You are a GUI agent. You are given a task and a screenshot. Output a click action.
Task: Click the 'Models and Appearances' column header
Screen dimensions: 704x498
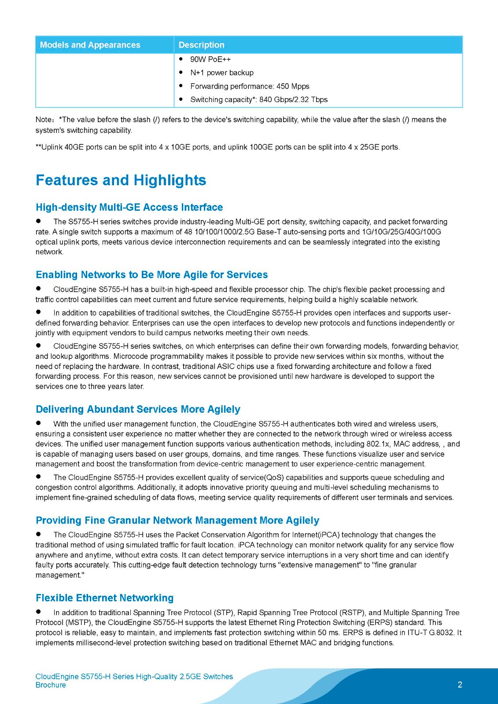coord(90,45)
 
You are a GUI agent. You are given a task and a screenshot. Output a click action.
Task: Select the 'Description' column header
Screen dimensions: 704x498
coord(201,45)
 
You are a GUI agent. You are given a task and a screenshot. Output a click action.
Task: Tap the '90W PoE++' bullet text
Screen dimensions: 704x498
coord(210,59)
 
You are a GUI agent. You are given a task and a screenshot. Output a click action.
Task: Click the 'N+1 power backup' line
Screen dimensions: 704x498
coord(221,73)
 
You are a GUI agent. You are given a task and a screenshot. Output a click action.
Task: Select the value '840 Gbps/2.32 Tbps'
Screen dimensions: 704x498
coord(293,99)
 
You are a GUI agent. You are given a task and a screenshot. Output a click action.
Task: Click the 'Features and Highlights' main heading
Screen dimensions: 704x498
coord(121,180)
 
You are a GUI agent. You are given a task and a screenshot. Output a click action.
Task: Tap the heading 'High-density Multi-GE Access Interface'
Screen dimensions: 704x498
coord(129,207)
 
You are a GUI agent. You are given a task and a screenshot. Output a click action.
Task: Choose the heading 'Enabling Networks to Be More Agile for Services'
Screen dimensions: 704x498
coord(151,275)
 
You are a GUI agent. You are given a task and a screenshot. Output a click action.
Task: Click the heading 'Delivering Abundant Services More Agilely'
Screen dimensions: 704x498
coord(138,409)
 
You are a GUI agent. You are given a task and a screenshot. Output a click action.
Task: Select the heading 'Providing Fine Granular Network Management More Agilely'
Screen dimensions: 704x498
coord(177,521)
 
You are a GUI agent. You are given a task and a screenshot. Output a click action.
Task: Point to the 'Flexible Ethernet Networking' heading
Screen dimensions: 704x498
coord(104,598)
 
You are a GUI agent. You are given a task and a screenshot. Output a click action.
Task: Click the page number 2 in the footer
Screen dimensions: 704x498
coord(460,685)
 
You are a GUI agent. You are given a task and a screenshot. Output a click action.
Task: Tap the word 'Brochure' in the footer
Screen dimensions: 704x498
coord(51,685)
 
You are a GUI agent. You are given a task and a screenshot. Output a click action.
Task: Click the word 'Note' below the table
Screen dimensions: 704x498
coord(43,120)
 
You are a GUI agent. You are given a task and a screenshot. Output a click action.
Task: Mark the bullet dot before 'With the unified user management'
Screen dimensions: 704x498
coord(39,423)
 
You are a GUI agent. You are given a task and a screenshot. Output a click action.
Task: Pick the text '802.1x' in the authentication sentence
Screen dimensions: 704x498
coord(377,444)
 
